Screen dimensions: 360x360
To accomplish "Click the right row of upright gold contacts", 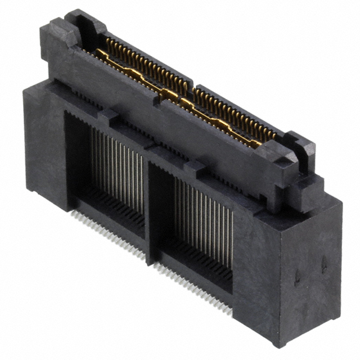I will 236,110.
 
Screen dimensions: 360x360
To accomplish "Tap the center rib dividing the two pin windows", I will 150,208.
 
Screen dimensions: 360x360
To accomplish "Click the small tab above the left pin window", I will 109,118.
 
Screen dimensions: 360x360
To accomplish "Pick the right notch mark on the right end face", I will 325,264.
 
